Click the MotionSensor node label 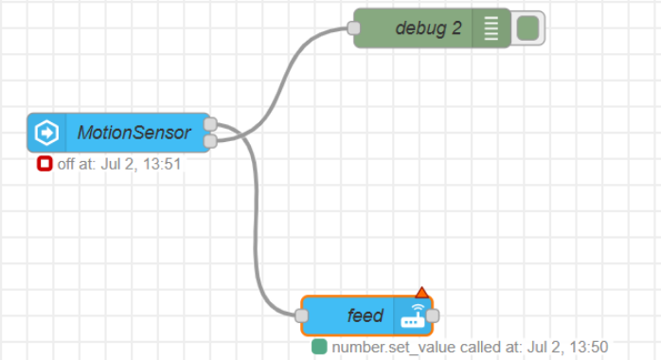(134, 133)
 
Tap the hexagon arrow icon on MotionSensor (46, 133)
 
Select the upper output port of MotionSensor (210, 124)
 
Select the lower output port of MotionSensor (210, 141)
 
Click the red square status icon (45, 164)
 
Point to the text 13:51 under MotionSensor (162, 164)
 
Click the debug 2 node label (428, 28)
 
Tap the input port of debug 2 (354, 28)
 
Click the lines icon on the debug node (491, 28)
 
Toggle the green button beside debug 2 (527, 28)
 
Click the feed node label (366, 315)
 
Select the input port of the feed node (302, 315)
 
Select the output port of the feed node (433, 315)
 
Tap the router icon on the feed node (413, 315)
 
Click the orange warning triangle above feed (421, 292)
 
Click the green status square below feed (319, 347)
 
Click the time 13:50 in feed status (588, 347)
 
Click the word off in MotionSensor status (65, 164)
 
